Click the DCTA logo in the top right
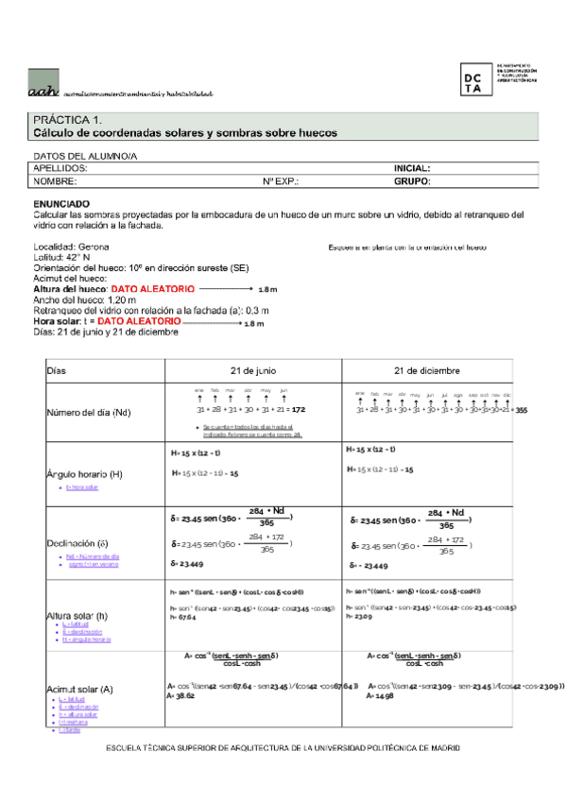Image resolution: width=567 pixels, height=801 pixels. (x=479, y=79)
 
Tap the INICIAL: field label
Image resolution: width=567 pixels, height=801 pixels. (x=412, y=167)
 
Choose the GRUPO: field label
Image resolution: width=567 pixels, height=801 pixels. (x=412, y=179)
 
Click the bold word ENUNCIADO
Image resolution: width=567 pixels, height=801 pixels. (x=61, y=203)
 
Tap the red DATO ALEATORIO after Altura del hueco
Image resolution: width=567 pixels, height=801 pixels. (x=153, y=288)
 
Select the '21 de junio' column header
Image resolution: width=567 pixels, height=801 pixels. (x=249, y=369)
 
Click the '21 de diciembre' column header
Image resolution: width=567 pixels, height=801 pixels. (x=434, y=369)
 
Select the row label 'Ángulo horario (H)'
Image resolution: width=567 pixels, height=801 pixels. (x=85, y=473)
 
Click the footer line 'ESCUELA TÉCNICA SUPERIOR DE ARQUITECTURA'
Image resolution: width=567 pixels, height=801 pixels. (x=283, y=748)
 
